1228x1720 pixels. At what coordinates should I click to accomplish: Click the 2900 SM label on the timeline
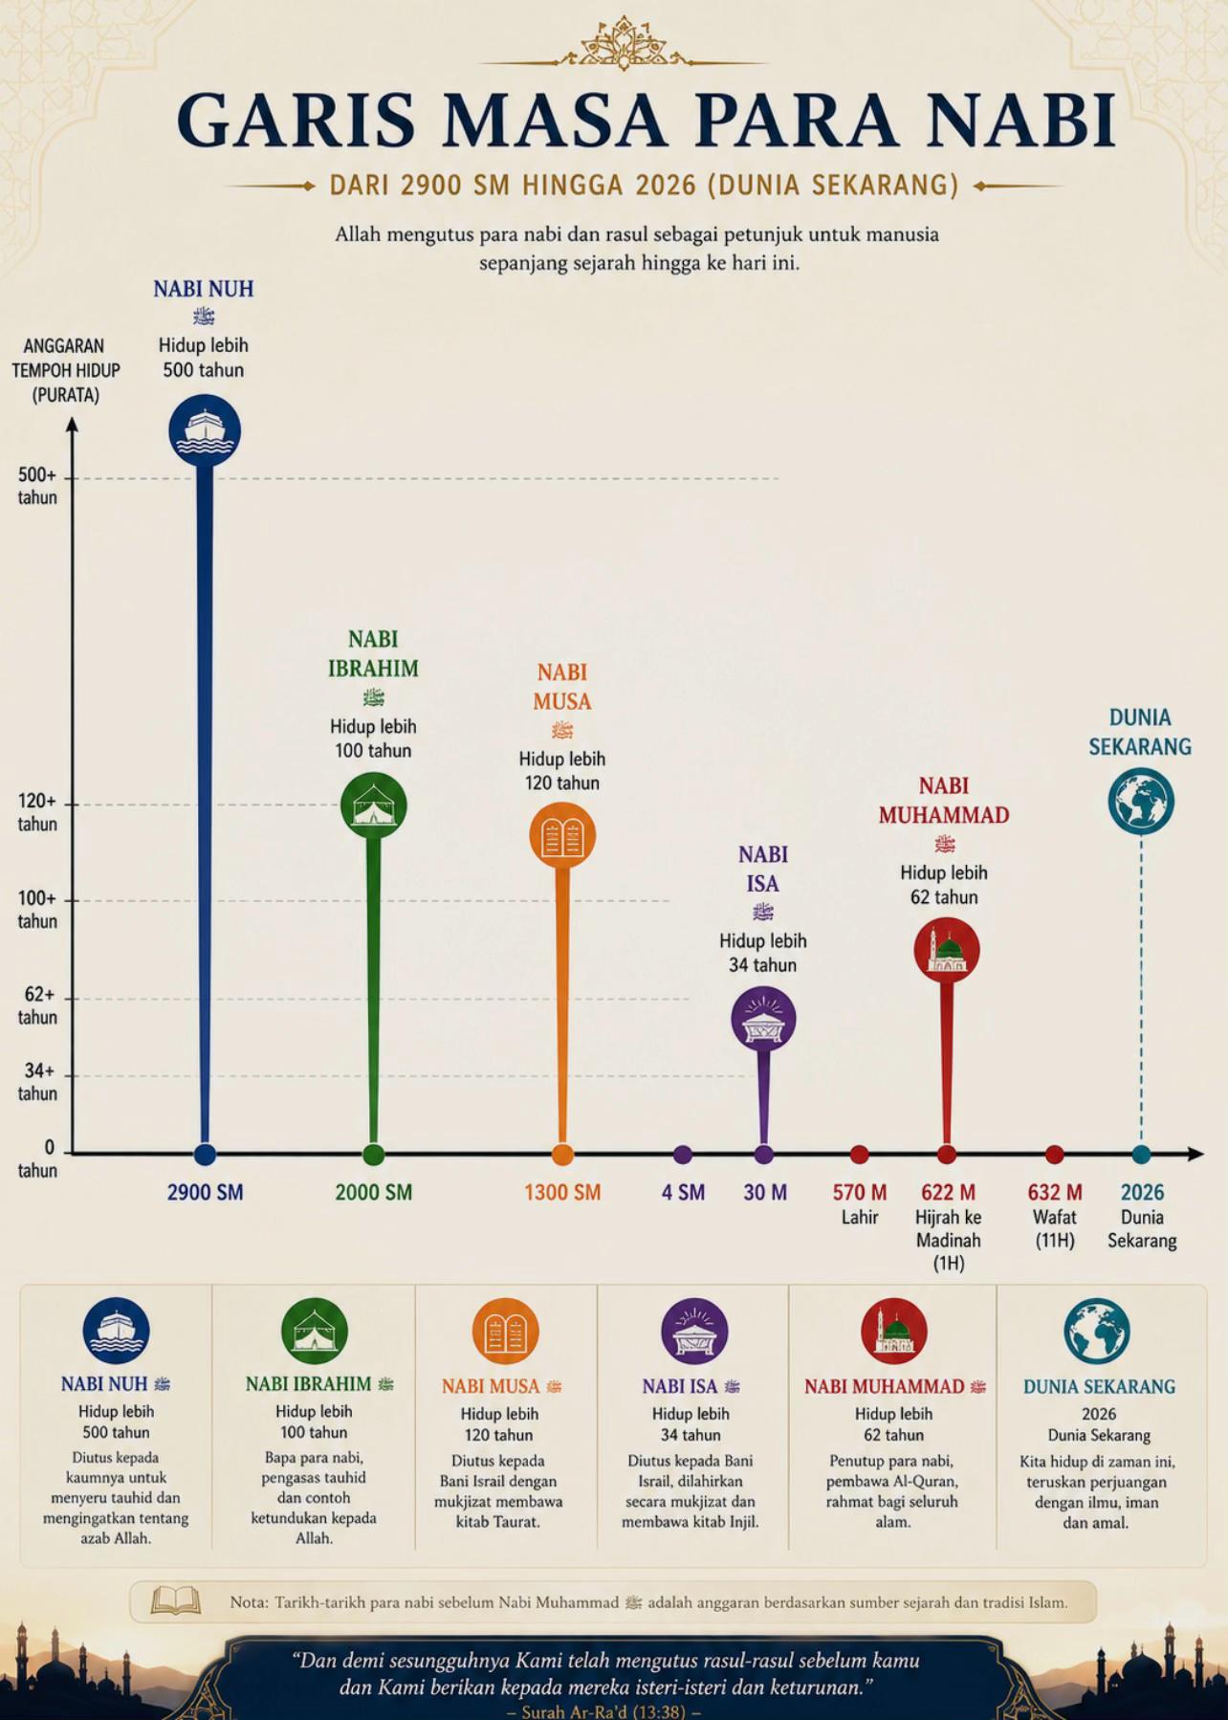tap(205, 1192)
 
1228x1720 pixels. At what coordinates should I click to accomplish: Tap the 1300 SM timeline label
tap(562, 1192)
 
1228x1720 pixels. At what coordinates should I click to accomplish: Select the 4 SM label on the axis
tap(683, 1192)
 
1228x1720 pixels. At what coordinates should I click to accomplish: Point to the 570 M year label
tap(860, 1192)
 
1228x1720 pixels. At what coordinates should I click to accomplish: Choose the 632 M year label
tap(1055, 1192)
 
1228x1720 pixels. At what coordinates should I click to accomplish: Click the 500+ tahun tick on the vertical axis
tap(37, 486)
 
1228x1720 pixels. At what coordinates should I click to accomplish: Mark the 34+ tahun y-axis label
tap(37, 1082)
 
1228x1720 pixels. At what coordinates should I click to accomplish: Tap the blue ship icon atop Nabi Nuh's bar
tap(205, 430)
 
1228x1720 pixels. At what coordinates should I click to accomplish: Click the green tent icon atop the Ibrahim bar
tap(374, 805)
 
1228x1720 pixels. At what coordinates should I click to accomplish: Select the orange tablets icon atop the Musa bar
tap(562, 836)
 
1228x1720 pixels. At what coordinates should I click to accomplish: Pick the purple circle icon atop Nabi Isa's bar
tap(763, 1020)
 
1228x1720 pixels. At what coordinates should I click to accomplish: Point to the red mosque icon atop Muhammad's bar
tap(947, 951)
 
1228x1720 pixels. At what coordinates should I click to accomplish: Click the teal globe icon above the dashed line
tap(1141, 802)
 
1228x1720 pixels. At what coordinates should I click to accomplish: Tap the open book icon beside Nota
tap(176, 1601)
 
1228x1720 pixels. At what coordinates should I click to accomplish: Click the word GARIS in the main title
tap(296, 121)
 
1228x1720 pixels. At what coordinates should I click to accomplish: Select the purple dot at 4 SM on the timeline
tap(682, 1155)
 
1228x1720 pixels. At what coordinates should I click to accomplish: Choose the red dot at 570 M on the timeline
tap(859, 1155)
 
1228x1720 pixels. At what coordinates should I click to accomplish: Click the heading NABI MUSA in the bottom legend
tap(491, 1386)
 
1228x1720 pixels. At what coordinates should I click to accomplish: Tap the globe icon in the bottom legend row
tap(1097, 1331)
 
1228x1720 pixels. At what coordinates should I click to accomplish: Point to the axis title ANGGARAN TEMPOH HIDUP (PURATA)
tap(66, 370)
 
